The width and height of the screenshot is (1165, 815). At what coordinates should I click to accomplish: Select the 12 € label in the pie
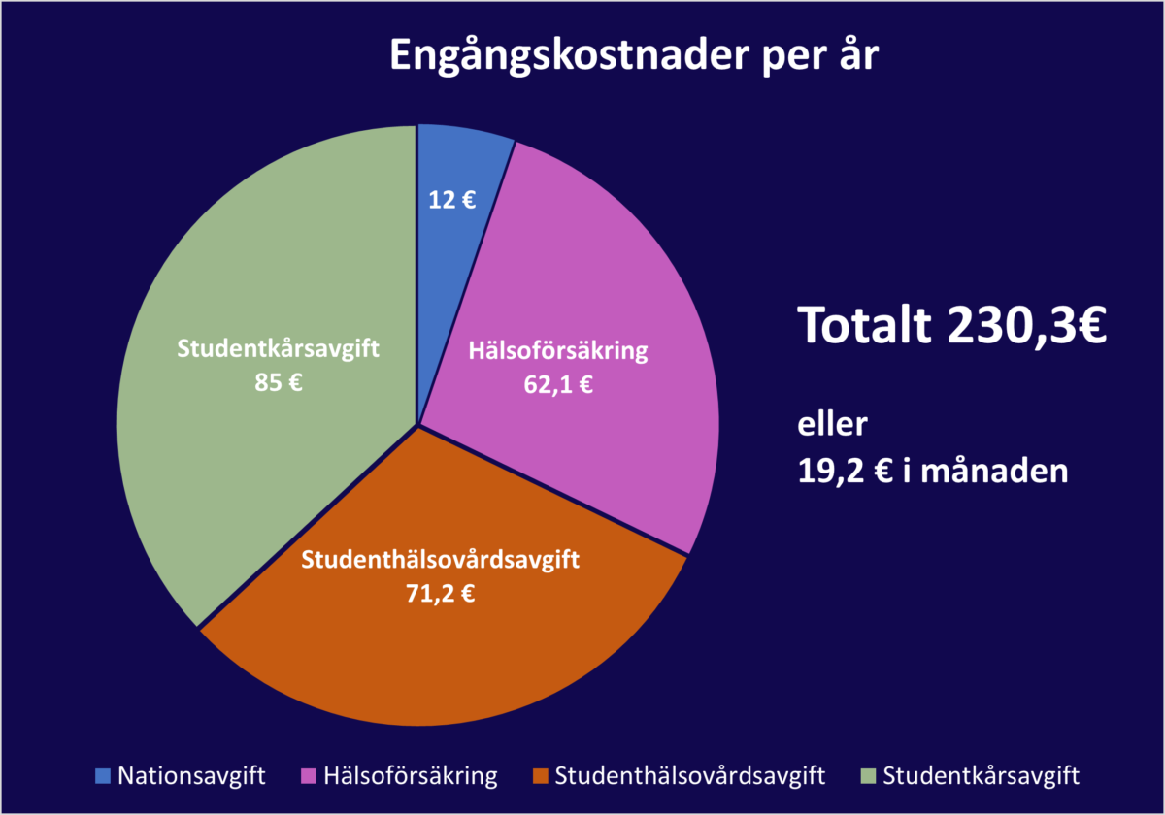click(452, 200)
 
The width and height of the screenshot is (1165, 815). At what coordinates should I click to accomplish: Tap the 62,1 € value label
click(557, 384)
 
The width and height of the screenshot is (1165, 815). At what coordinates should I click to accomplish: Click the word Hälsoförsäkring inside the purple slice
click(557, 350)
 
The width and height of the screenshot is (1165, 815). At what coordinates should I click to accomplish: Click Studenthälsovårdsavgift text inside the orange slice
click(440, 560)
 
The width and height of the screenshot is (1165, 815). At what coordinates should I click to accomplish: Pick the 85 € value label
click(278, 381)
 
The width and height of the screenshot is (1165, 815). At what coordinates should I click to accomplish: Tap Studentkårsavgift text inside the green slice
click(278, 348)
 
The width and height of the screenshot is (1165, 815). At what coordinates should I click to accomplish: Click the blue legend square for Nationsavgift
click(103, 776)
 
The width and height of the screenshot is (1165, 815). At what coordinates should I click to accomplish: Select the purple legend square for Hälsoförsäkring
click(311, 776)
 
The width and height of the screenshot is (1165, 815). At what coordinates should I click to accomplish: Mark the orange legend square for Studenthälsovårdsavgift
click(542, 776)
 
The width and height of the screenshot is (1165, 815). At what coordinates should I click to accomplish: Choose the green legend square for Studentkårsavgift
click(868, 776)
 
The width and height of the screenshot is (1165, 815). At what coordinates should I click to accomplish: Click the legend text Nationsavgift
click(191, 776)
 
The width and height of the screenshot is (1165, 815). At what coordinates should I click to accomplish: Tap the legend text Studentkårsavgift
click(981, 776)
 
